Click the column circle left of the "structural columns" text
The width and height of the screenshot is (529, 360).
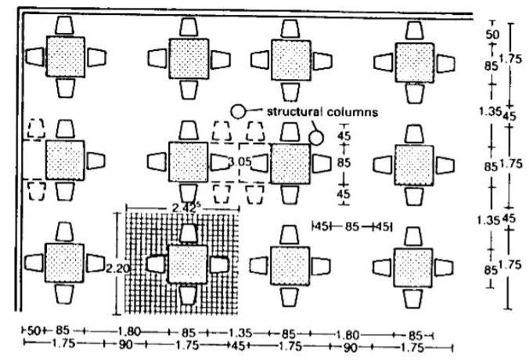click(x=239, y=111)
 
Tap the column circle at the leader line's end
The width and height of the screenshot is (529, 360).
click(x=316, y=139)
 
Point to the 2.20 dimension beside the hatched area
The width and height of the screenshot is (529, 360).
click(x=115, y=268)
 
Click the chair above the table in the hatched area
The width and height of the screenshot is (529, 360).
click(x=187, y=232)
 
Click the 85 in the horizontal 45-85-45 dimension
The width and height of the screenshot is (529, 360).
click(x=352, y=226)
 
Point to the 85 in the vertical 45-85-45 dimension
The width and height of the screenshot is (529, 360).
click(x=343, y=163)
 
